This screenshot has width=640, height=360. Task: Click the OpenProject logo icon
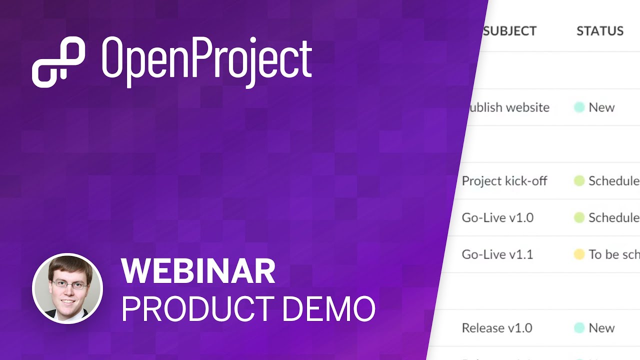click(x=58, y=62)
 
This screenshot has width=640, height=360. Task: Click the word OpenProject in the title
click(x=207, y=62)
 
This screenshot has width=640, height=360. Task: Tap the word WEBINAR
click(x=198, y=271)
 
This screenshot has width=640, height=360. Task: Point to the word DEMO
click(x=328, y=308)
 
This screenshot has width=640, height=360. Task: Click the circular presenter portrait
click(x=67, y=288)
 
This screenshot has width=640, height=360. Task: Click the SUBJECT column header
click(x=509, y=31)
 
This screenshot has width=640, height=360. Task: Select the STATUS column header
click(x=599, y=31)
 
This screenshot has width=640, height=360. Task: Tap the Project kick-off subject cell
click(x=504, y=181)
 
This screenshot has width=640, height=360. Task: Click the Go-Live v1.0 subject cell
click(x=497, y=217)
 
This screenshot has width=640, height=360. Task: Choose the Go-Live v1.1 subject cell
click(x=497, y=254)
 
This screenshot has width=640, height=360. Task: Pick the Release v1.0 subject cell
click(x=496, y=328)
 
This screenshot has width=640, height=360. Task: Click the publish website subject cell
click(x=508, y=107)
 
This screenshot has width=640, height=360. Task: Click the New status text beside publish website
click(x=601, y=107)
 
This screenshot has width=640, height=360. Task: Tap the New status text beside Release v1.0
click(x=601, y=328)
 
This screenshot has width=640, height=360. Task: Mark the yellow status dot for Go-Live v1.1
click(x=579, y=254)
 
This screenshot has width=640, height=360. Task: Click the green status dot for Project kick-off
click(x=579, y=181)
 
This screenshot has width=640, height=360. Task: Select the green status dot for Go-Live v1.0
click(x=579, y=217)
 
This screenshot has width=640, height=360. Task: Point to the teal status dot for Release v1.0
click(x=579, y=328)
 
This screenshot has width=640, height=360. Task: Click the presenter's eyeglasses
click(x=69, y=285)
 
